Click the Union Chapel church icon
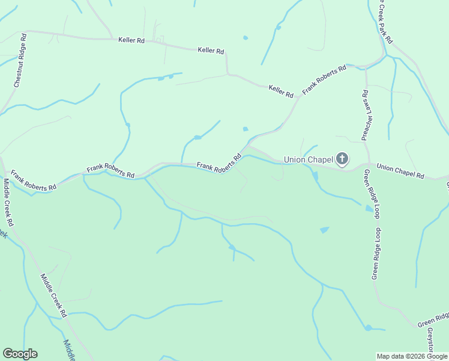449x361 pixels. click(342, 159)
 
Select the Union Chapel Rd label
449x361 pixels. click(400, 171)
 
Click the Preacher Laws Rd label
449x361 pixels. click(364, 116)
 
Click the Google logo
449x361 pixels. click(20, 354)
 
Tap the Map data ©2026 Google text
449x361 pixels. click(412, 356)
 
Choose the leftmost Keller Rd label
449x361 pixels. click(131, 40)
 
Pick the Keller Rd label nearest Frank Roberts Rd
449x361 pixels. click(281, 91)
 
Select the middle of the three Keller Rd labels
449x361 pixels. click(211, 51)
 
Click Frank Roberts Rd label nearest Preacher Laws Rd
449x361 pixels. click(324, 79)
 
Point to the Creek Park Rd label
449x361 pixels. click(385, 22)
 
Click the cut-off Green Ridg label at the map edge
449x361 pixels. click(433, 319)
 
